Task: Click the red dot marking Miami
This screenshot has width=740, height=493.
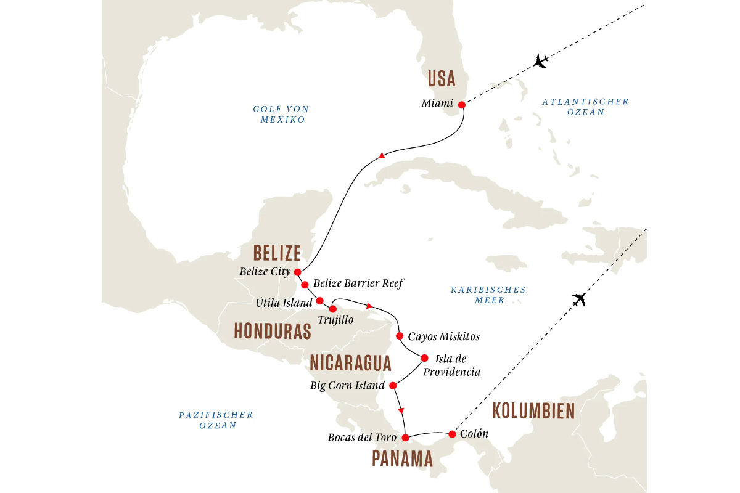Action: (461, 104)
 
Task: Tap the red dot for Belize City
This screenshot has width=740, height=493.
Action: (297, 272)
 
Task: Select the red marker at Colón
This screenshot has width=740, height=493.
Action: (452, 434)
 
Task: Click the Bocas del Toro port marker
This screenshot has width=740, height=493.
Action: (405, 438)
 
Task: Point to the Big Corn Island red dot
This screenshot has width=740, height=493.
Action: (392, 386)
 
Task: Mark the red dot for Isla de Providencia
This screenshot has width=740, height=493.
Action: (424, 357)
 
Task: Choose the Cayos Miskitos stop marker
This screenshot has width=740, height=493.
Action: (399, 336)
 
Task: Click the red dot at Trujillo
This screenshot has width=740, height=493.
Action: (333, 309)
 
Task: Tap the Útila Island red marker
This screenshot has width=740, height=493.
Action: (319, 301)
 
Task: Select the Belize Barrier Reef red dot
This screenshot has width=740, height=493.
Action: (305, 285)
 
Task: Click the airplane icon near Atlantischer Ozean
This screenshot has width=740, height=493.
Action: (541, 61)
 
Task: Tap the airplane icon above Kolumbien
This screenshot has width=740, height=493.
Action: (578, 300)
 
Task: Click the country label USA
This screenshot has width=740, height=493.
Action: (441, 79)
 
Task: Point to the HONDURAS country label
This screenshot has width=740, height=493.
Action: (272, 332)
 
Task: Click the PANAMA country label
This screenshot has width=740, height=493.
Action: (402, 458)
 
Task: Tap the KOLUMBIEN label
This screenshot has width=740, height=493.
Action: (533, 411)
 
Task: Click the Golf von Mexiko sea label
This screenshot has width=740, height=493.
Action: (281, 115)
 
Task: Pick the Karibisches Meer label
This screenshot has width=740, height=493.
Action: (488, 295)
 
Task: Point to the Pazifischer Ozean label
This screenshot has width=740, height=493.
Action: (216, 420)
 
